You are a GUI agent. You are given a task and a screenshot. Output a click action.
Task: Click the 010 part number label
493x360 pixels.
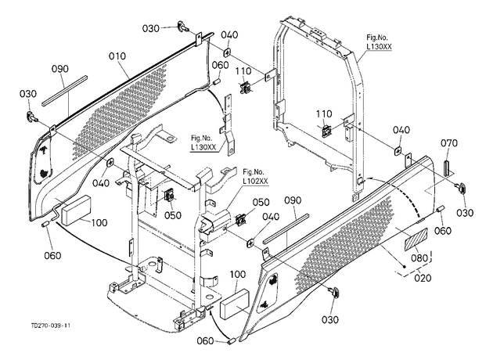(117, 56)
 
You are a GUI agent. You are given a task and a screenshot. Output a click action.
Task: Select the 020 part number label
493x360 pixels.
(423, 278)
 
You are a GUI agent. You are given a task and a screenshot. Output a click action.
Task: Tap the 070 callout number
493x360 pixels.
(449, 143)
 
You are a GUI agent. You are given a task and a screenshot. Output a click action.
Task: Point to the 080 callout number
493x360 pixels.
(419, 258)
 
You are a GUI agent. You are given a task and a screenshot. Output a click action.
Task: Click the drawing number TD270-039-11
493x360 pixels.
(51, 326)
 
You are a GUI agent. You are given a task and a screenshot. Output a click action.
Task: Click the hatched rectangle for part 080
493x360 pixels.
(416, 239)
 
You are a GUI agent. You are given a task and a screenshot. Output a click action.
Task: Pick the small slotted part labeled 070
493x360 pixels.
(447, 168)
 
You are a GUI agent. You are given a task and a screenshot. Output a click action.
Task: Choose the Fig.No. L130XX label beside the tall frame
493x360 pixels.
(379, 41)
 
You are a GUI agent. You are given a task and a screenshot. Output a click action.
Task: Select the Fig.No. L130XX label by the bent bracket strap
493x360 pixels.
(203, 142)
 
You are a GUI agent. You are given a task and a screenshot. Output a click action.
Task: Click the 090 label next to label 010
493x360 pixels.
(60, 69)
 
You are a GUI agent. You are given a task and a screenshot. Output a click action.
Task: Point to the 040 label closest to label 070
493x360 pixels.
(401, 130)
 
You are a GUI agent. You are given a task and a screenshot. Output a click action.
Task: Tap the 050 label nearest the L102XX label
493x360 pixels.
(261, 202)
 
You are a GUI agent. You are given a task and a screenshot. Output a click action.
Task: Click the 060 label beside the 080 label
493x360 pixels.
(443, 231)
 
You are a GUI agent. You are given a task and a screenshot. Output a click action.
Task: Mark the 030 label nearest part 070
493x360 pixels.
(465, 213)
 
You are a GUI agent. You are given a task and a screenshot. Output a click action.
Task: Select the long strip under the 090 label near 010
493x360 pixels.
(64, 91)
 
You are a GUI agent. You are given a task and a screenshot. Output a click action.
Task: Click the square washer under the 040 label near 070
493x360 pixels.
(398, 151)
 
